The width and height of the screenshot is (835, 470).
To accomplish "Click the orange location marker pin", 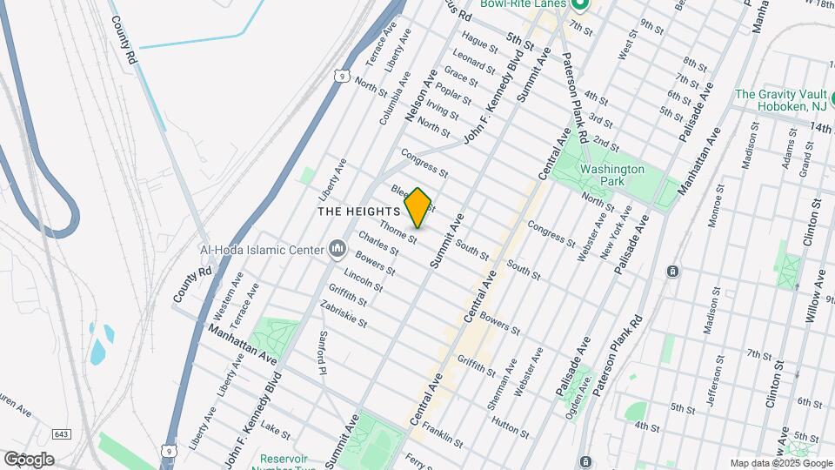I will click(418, 208).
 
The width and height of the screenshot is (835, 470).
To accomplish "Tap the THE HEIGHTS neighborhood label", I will click(358, 211).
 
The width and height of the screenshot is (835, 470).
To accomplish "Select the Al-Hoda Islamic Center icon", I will click(337, 251).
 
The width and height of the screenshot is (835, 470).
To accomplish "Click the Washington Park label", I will click(612, 177).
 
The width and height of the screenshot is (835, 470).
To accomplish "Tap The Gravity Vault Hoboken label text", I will click(780, 99).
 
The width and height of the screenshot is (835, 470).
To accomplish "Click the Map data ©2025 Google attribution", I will click(780, 463).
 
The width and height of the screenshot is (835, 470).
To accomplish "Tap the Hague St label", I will click(479, 39).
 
